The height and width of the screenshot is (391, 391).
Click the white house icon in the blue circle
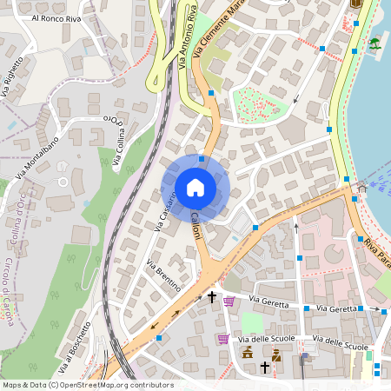[x=195, y=187]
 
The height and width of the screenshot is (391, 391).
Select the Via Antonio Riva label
[x=186, y=40]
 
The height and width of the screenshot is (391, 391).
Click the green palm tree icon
[x=374, y=43]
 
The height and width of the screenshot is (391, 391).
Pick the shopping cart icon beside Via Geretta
[x=229, y=302]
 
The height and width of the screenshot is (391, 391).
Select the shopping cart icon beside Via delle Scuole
[x=223, y=339]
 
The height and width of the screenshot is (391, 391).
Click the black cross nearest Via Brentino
[x=211, y=297]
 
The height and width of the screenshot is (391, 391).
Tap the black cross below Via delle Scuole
[x=265, y=368]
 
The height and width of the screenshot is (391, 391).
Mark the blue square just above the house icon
[x=202, y=159]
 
